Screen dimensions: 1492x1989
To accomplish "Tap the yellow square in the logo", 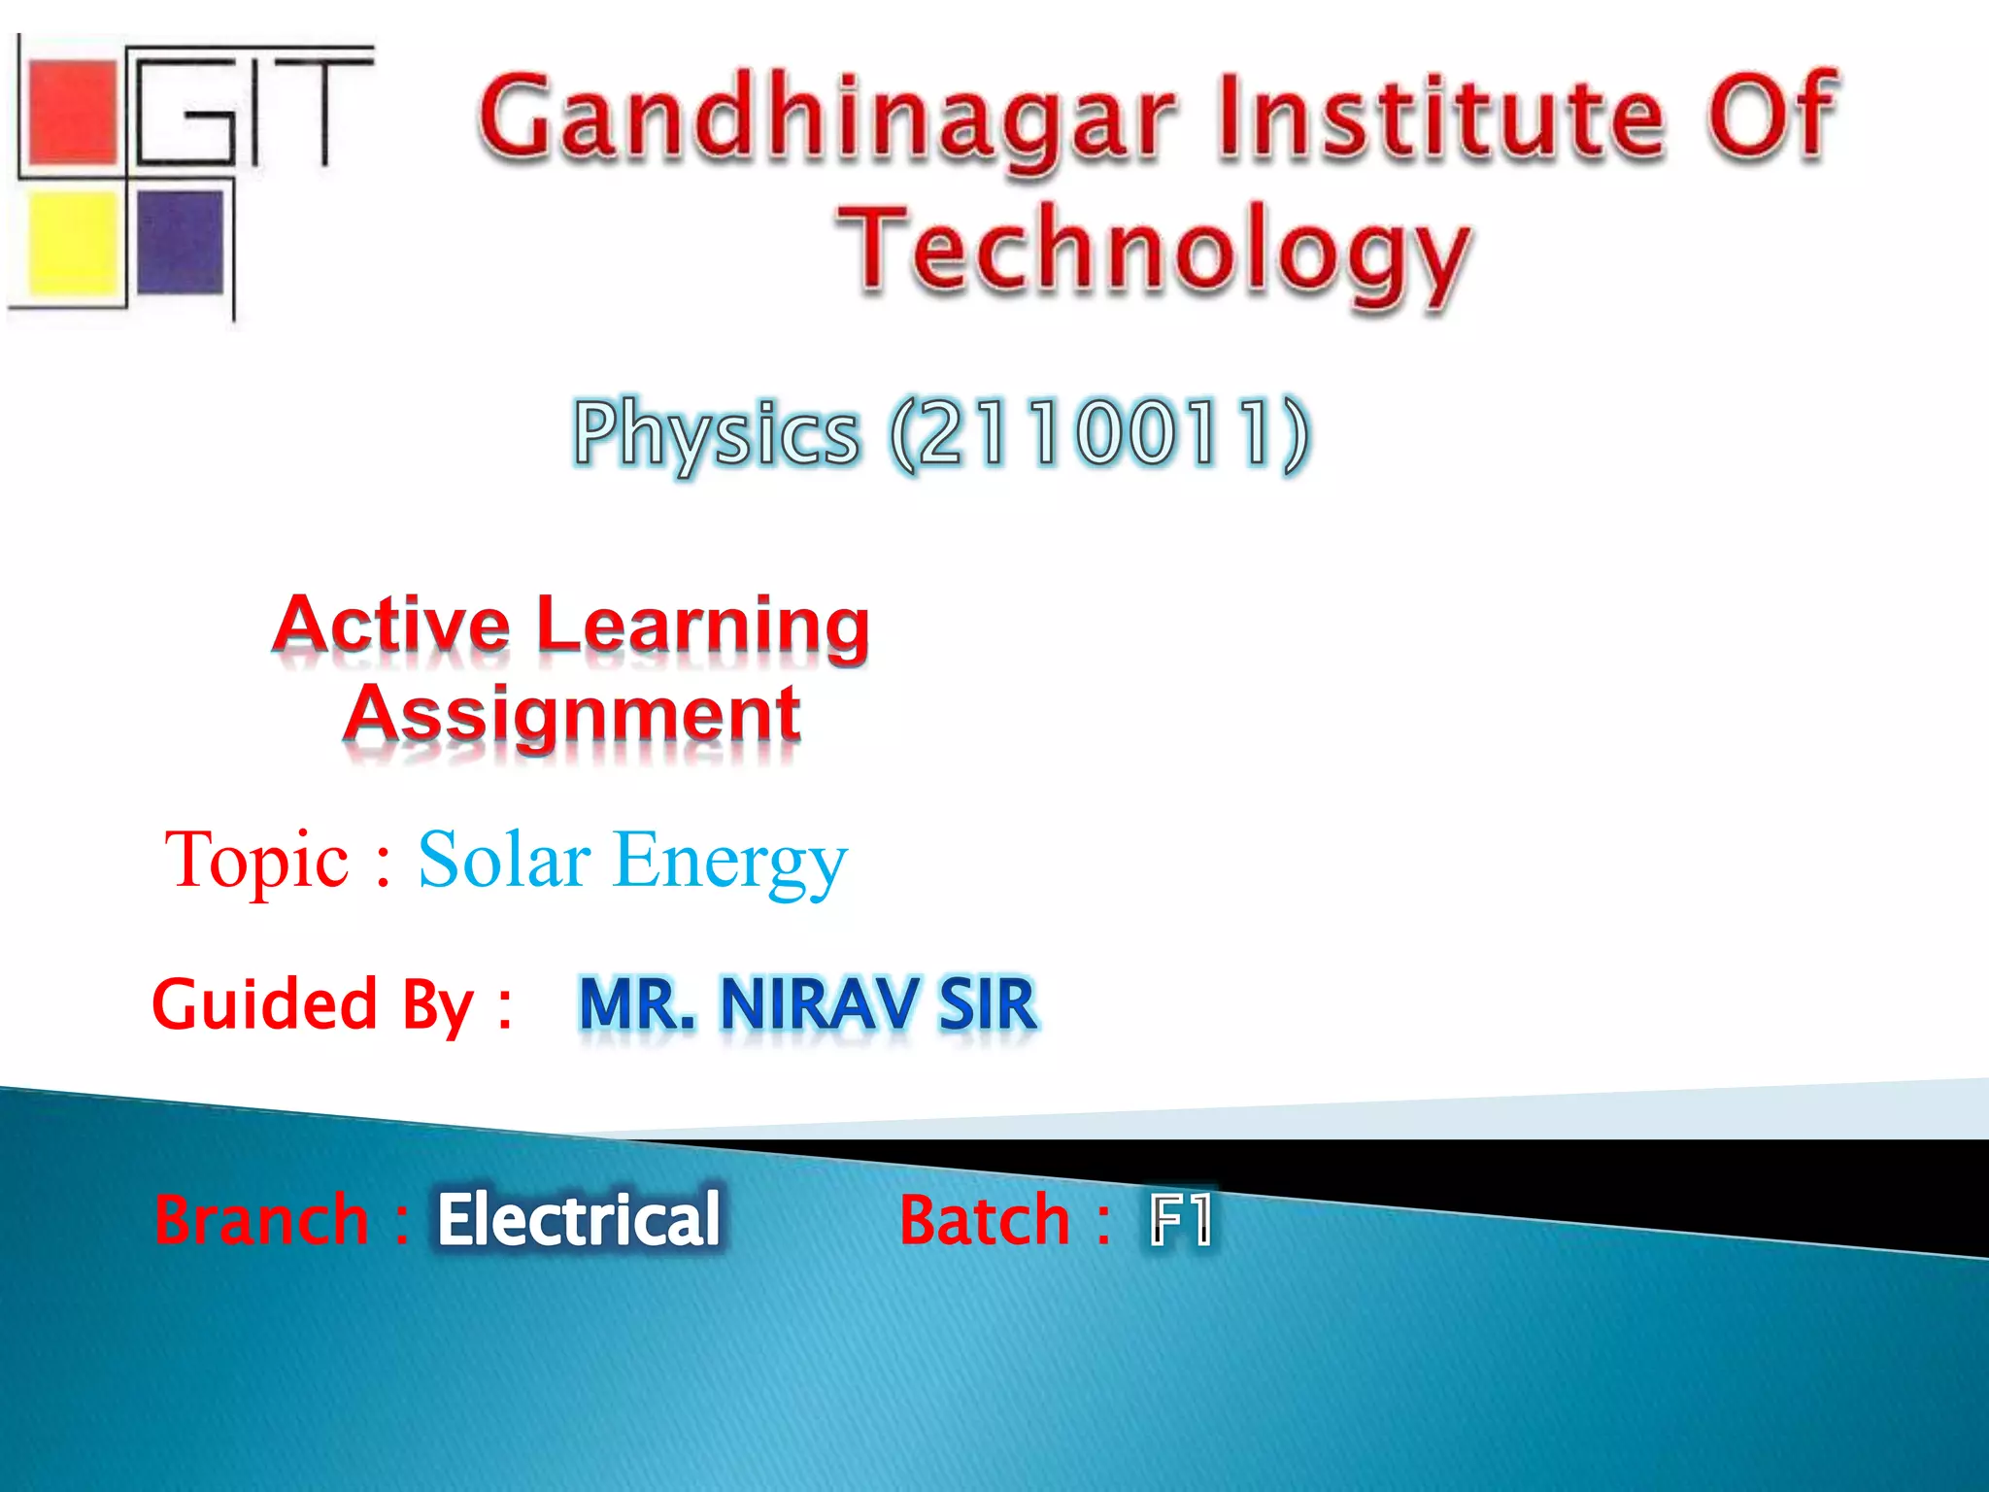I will (72, 243).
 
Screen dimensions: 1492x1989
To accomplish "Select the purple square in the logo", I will (180, 241).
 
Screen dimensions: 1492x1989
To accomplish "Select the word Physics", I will (716, 434).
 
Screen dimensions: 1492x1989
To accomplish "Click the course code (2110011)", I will (1098, 434).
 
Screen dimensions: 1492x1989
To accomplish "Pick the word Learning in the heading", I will (702, 627).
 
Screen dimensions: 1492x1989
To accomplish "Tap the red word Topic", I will (256, 861).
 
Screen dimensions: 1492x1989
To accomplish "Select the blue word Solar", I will (504, 859).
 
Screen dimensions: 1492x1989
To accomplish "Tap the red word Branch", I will (261, 1220).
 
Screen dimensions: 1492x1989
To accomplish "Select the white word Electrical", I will (579, 1219).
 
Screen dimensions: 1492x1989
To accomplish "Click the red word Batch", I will (984, 1220).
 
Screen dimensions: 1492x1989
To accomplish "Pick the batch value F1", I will (1180, 1220).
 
